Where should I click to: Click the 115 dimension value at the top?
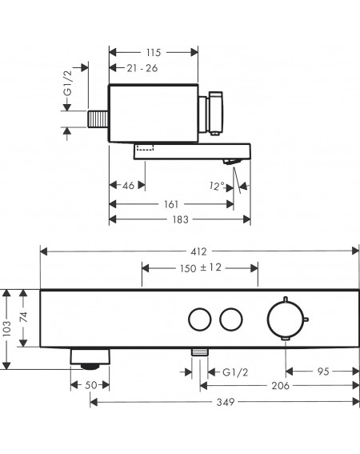click(x=153, y=53)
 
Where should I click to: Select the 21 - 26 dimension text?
click(x=142, y=68)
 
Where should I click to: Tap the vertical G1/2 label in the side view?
click(x=68, y=83)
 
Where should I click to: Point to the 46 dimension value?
click(x=129, y=185)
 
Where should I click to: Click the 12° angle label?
click(x=217, y=186)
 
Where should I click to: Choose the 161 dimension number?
click(x=171, y=204)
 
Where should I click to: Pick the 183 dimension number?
click(x=180, y=219)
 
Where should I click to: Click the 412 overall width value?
click(x=199, y=251)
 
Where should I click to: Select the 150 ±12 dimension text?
click(x=201, y=267)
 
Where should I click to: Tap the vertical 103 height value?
click(x=6, y=328)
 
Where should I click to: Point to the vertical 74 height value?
click(x=23, y=317)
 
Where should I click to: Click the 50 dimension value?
click(x=90, y=385)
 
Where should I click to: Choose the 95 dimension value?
click(x=323, y=372)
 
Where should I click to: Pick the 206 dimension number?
click(x=281, y=386)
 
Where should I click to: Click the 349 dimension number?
click(x=226, y=402)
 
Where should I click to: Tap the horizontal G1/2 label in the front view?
click(x=235, y=372)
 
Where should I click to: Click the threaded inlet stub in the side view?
click(x=98, y=119)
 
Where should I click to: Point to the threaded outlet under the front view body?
click(x=200, y=352)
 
